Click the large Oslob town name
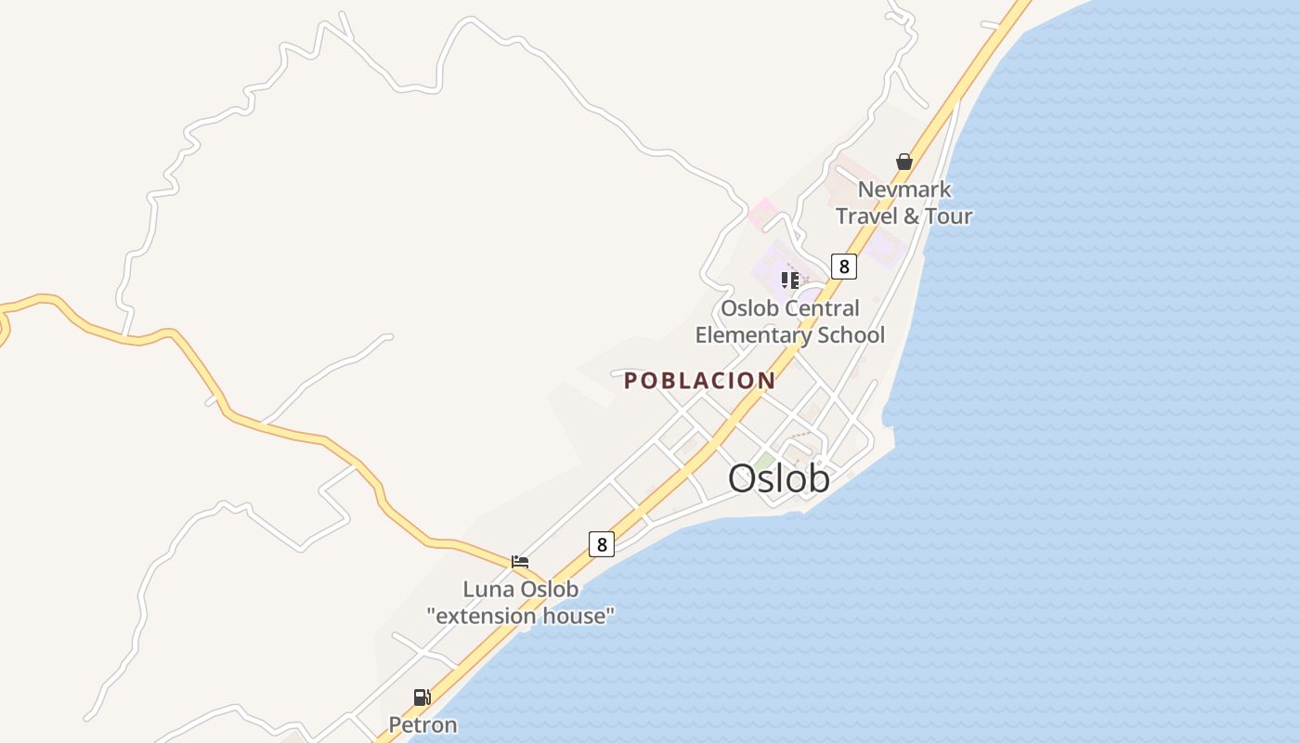tap(778, 479)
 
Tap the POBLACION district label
tap(699, 381)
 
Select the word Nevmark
tap(904, 190)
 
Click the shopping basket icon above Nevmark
tap(904, 163)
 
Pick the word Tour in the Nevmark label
tap(948, 216)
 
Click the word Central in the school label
tap(823, 308)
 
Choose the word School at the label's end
tap(854, 335)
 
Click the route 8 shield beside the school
tap(843, 267)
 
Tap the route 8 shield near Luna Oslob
tap(602, 544)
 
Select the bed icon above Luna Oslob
tap(520, 562)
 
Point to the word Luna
tap(488, 590)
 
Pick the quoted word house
tap(581, 616)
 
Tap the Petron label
tap(422, 725)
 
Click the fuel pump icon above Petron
tap(422, 697)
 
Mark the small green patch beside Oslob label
tap(764, 461)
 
